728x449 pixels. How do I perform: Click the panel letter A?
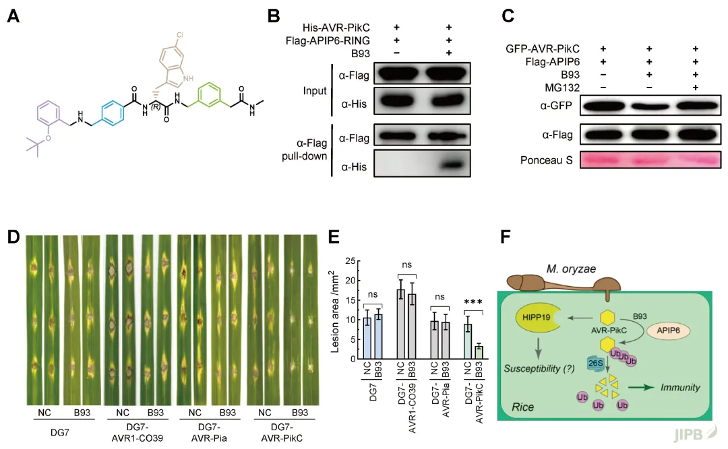coord(13,16)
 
